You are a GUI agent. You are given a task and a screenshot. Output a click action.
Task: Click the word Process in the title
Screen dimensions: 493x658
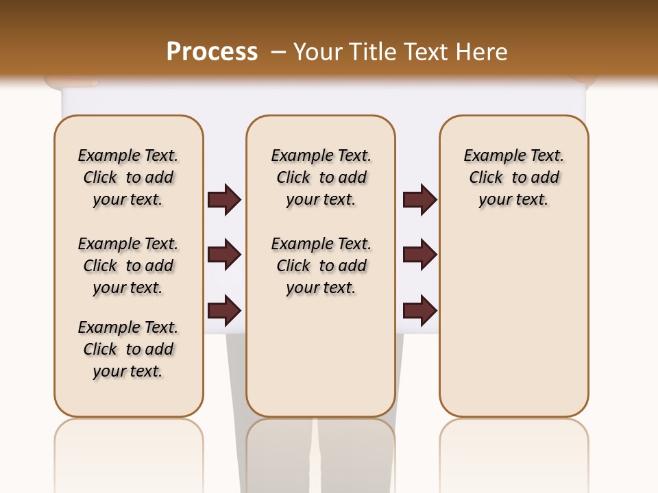[212, 51]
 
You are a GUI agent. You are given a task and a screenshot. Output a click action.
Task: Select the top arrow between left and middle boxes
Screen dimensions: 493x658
[224, 200]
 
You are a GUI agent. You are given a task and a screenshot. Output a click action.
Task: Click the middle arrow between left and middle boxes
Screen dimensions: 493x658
[224, 255]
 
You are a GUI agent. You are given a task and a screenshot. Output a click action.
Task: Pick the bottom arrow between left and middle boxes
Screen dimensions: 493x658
[224, 311]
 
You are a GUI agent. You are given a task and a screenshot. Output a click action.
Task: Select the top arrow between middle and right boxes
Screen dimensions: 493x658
[419, 200]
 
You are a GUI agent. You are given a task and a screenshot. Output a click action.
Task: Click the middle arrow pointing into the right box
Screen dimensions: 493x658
[419, 255]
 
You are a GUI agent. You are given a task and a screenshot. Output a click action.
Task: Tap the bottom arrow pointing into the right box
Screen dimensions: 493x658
[419, 311]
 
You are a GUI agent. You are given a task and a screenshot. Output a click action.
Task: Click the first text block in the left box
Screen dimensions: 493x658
[128, 177]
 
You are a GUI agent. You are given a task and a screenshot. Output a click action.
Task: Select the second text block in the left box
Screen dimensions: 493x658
[128, 266]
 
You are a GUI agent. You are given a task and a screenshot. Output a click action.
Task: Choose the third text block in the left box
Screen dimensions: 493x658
[128, 349]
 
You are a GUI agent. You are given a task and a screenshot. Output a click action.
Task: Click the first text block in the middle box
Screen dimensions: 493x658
[321, 177]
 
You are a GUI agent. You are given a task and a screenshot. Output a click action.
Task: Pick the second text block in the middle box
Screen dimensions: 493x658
[321, 266]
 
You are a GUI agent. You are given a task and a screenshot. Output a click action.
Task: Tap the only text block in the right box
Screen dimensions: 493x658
[513, 177]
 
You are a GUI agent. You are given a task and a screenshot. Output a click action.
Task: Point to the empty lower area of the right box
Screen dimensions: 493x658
[513, 315]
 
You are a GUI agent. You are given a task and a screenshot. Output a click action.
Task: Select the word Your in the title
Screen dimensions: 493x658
[318, 52]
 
